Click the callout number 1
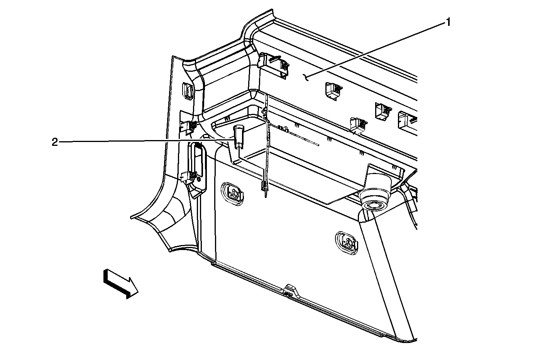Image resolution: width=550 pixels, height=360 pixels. click(x=448, y=22)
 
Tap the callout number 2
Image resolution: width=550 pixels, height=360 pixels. click(x=54, y=142)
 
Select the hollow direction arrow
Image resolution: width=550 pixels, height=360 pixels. click(x=121, y=284)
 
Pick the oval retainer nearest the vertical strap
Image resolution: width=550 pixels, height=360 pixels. click(x=232, y=194)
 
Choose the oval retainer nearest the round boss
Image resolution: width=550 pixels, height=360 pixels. click(x=347, y=243)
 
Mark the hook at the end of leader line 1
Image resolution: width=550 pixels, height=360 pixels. click(x=306, y=78)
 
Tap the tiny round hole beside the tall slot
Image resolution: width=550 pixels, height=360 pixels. click(x=199, y=180)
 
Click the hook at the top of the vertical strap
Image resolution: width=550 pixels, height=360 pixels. click(x=265, y=113)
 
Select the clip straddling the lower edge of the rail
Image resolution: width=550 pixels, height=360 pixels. click(x=359, y=126)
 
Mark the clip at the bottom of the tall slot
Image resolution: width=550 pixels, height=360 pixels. click(x=189, y=177)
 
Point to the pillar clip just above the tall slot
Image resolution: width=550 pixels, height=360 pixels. click(x=189, y=128)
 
